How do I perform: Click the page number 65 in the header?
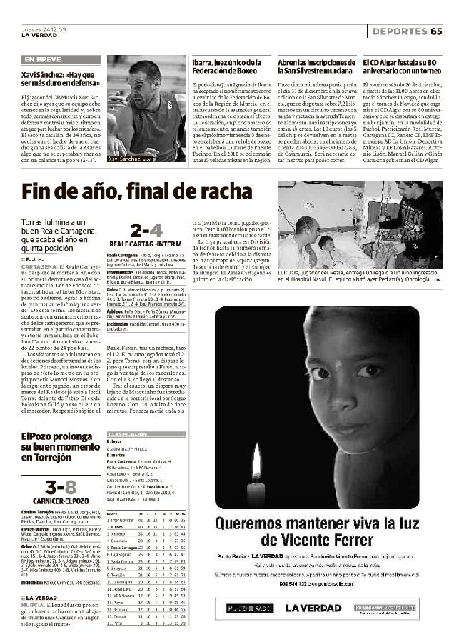click(436, 31)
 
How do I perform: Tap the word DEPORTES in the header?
click(400, 31)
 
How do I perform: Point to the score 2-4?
click(146, 230)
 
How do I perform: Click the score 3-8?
click(60, 487)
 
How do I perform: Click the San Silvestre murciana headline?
click(315, 68)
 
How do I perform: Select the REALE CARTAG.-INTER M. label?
click(146, 245)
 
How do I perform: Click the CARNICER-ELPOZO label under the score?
click(60, 501)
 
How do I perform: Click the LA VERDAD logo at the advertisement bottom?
click(315, 608)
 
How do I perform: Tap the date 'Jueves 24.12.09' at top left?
click(44, 29)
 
